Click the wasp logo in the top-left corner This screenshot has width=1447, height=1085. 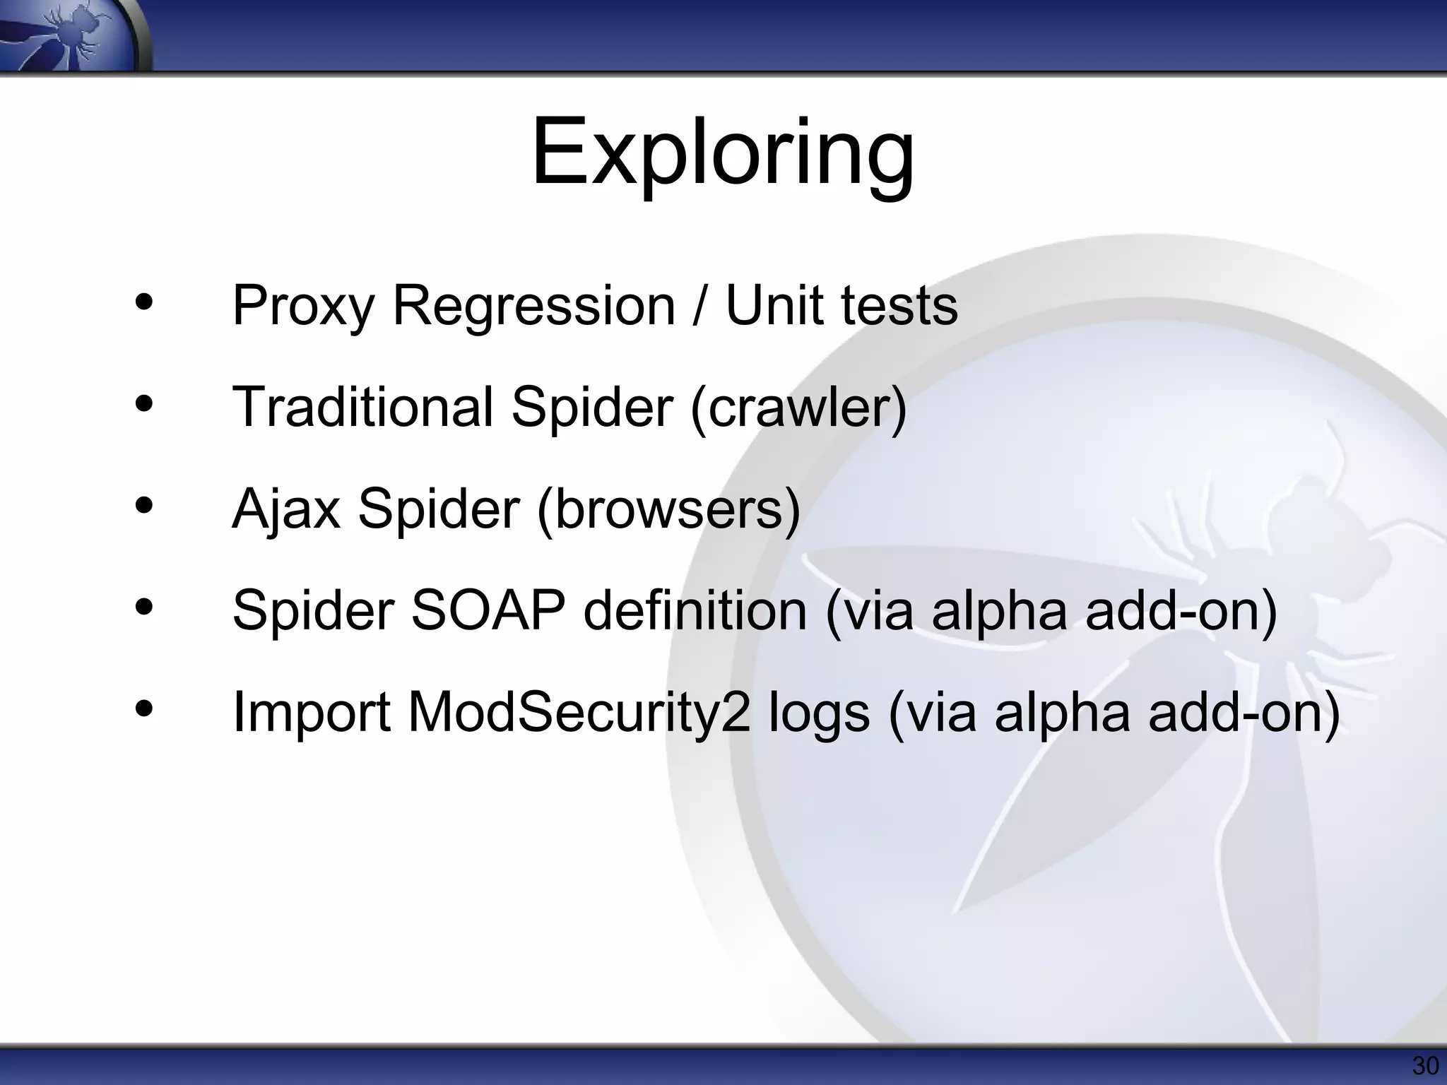pos(71,35)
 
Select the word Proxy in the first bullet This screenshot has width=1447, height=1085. pos(303,307)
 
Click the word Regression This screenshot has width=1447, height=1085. pos(533,307)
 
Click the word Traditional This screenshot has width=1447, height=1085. pos(362,407)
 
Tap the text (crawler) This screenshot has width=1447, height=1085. pos(798,408)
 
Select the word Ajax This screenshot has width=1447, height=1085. pos(286,509)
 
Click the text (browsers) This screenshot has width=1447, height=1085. pos(668,509)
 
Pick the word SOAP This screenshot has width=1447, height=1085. pos(488,610)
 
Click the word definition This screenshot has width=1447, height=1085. pos(695,610)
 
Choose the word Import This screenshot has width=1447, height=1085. pos(312,712)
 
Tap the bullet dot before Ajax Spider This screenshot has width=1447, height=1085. pos(144,505)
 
